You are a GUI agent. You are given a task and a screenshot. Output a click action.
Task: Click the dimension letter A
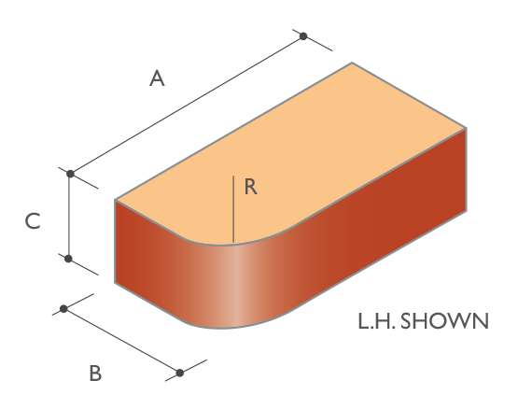[157, 78]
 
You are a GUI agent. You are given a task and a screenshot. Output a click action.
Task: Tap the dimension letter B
[95, 374]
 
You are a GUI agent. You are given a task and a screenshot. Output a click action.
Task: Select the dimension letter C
[33, 221]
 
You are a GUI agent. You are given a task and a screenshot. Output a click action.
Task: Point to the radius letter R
[251, 187]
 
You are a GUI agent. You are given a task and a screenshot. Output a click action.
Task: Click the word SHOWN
[444, 321]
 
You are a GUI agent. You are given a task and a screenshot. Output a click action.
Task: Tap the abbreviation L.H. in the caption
[377, 321]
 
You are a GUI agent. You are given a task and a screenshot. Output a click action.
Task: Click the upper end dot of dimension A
[303, 36]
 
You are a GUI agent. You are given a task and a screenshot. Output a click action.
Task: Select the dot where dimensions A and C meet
[70, 174]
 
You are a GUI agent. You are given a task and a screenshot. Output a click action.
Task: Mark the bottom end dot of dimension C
[68, 259]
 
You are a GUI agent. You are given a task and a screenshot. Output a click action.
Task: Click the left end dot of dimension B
[63, 309]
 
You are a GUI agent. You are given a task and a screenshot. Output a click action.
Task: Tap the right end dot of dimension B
[180, 373]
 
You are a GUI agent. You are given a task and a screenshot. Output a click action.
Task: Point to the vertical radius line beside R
[233, 209]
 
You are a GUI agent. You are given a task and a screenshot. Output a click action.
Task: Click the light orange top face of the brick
[290, 154]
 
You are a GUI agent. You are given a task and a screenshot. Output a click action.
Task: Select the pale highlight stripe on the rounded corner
[235, 286]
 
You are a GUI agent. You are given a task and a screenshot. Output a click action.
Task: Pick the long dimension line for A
[187, 105]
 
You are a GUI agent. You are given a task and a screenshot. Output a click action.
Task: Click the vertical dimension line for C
[69, 216]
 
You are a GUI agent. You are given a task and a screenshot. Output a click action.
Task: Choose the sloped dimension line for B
[121, 341]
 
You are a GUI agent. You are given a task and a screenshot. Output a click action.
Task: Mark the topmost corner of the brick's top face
[352, 63]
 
